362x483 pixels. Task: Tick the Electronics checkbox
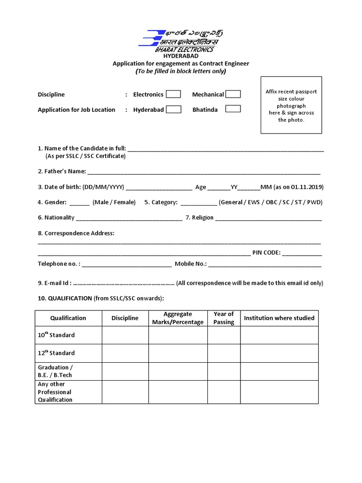[x=173, y=94]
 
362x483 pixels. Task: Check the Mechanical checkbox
[x=233, y=94]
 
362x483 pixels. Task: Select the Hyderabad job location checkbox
[x=173, y=109]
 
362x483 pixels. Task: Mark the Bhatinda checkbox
[x=233, y=109]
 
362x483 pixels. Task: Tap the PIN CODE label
[x=266, y=252]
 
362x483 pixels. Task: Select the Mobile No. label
[x=190, y=264]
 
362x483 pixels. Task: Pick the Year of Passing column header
[x=223, y=318]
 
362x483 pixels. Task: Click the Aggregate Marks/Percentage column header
[x=178, y=318]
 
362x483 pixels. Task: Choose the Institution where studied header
[x=279, y=318]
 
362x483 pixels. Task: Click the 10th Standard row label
[x=56, y=335]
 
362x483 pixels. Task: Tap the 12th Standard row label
[x=56, y=353]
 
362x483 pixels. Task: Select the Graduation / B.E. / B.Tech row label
[x=55, y=371]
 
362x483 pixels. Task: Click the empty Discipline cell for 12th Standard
[x=125, y=353]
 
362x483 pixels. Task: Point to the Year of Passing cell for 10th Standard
[x=223, y=335]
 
